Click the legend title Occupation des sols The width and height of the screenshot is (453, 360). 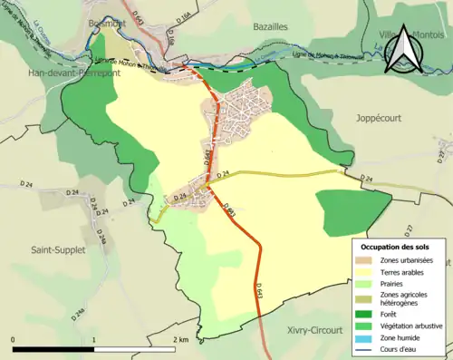pyautogui.click(x=397, y=247)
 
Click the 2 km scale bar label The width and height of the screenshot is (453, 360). pyautogui.click(x=180, y=340)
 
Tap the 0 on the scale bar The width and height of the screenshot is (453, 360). pyautogui.click(x=14, y=340)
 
